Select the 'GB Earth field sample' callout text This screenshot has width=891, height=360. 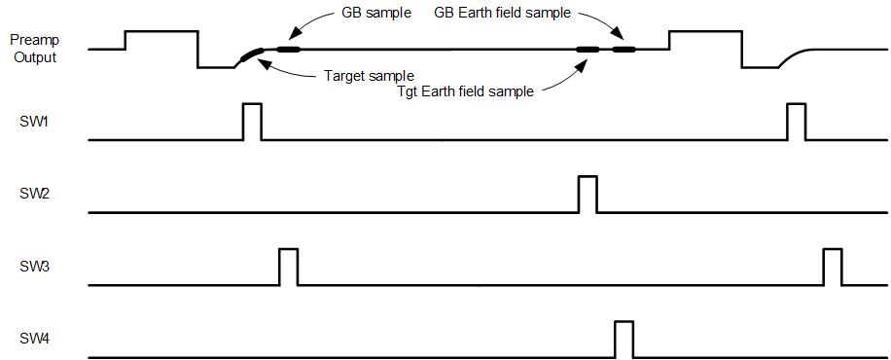point(502,14)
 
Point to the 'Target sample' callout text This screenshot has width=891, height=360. point(369,75)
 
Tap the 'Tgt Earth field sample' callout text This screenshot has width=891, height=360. point(465,91)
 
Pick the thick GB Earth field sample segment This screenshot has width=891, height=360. point(624,50)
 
